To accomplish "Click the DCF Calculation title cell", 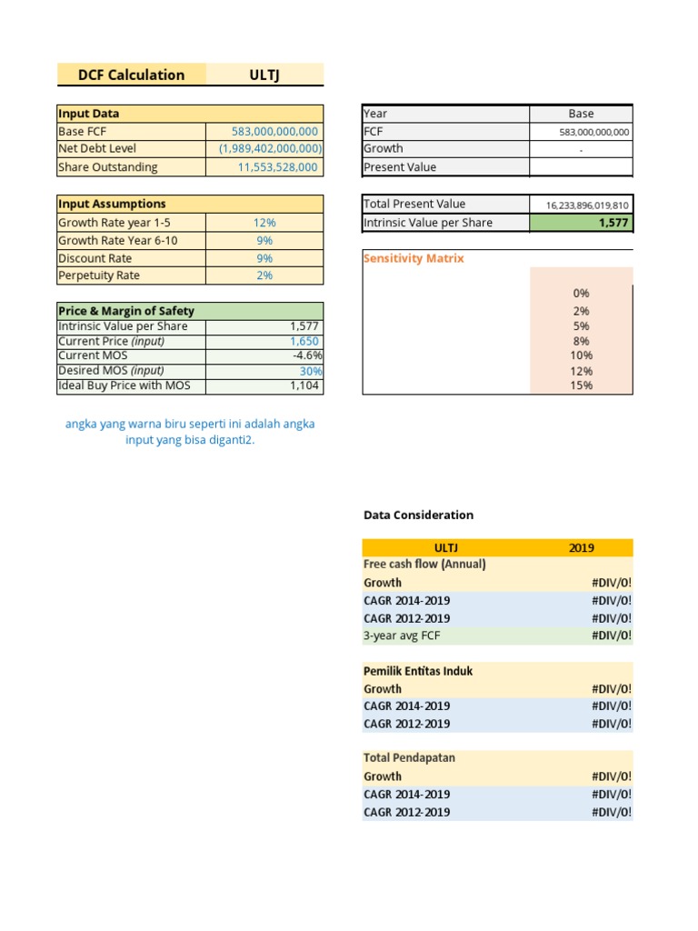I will [x=132, y=75].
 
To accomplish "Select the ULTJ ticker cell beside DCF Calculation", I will [x=264, y=75].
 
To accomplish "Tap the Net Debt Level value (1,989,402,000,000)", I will [x=270, y=149].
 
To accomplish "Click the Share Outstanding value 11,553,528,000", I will [x=277, y=167].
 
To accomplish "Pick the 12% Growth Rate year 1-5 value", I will [x=264, y=223].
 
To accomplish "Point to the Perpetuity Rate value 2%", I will [x=264, y=275].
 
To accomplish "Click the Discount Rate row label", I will [x=95, y=258].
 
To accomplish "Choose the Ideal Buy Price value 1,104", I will [x=304, y=385].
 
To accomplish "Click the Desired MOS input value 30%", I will [x=311, y=371].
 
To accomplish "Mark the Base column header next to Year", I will [x=581, y=114].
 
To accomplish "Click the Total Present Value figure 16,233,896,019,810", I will [x=587, y=205].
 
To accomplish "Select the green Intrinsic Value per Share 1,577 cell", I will [x=581, y=223].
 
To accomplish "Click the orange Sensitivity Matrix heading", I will [x=414, y=258].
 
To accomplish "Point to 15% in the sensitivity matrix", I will [x=582, y=385].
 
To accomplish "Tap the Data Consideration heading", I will [x=418, y=515].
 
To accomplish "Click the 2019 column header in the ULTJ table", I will [x=581, y=547].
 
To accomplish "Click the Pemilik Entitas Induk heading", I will [x=418, y=671].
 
